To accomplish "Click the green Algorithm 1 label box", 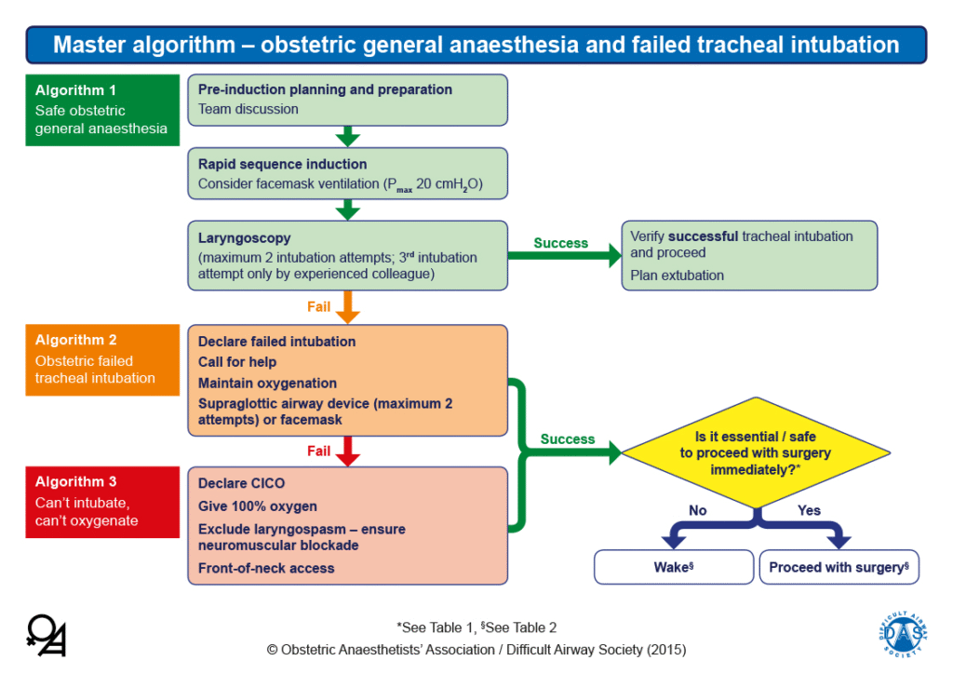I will pyautogui.click(x=102, y=110).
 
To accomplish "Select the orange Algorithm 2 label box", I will pyautogui.click(x=102, y=359).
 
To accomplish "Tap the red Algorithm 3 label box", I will pyautogui.click(x=102, y=502).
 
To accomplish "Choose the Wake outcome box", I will pyautogui.click(x=673, y=567).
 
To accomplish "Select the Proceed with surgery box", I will pyautogui.click(x=839, y=567).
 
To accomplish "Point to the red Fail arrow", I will pyautogui.click(x=347, y=452).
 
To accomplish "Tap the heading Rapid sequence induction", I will pyautogui.click(x=282, y=164).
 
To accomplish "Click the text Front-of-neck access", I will pyautogui.click(x=266, y=568).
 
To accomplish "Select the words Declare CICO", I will pyautogui.click(x=241, y=483).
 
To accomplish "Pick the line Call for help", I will pyautogui.click(x=237, y=362).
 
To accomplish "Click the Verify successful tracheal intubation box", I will pyautogui.click(x=749, y=255).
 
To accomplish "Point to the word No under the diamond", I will pyautogui.click(x=697, y=510).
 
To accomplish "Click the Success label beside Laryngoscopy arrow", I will pyautogui.click(x=560, y=243).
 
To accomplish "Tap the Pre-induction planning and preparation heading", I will pyautogui.click(x=325, y=89).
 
